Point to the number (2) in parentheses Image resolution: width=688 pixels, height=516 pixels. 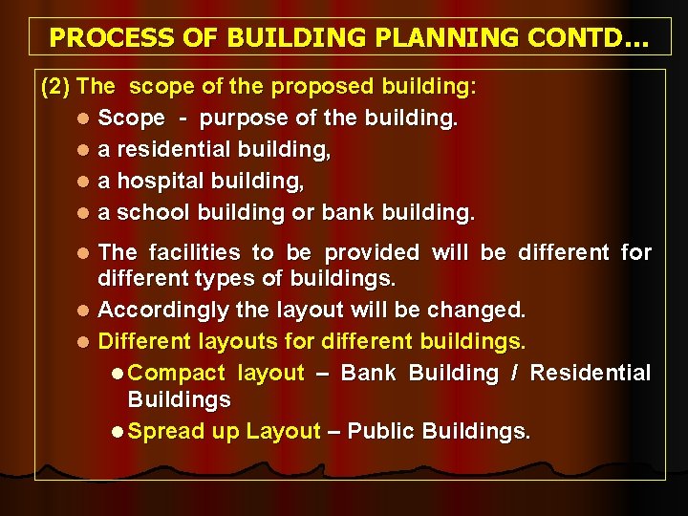click(55, 87)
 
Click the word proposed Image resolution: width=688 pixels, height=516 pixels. click(325, 87)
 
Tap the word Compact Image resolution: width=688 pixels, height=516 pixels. click(176, 373)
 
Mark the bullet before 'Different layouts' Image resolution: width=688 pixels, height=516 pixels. click(84, 341)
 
